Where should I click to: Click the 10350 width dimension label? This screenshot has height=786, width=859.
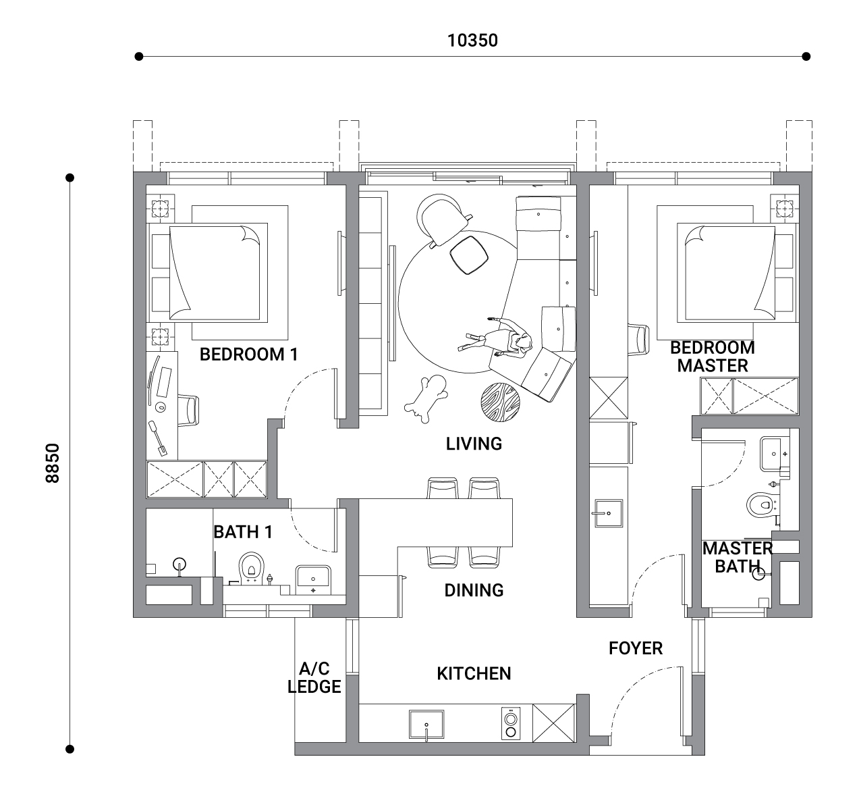pos(472,41)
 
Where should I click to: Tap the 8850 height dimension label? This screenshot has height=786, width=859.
pos(53,463)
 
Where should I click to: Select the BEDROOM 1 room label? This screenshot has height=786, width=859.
pos(248,355)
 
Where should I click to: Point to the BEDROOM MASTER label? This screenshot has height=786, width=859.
pos(713,357)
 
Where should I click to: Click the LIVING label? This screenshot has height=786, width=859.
pos(474,444)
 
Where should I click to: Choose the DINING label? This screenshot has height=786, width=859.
pos(474,591)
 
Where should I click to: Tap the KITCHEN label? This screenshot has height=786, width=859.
pos(474,674)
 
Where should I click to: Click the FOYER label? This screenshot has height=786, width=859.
pos(636,648)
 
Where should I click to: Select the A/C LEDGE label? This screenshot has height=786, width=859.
pos(314,677)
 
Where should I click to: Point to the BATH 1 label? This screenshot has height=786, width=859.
pos(243,532)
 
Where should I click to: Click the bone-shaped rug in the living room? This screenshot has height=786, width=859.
pos(426,398)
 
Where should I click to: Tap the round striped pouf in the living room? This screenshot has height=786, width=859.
pos(500,402)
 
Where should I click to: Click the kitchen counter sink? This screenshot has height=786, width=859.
pos(426,724)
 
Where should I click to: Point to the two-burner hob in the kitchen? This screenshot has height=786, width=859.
pos(511,723)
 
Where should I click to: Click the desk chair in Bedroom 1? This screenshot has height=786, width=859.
pos(189,411)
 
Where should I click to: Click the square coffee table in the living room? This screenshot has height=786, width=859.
pos(469,255)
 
